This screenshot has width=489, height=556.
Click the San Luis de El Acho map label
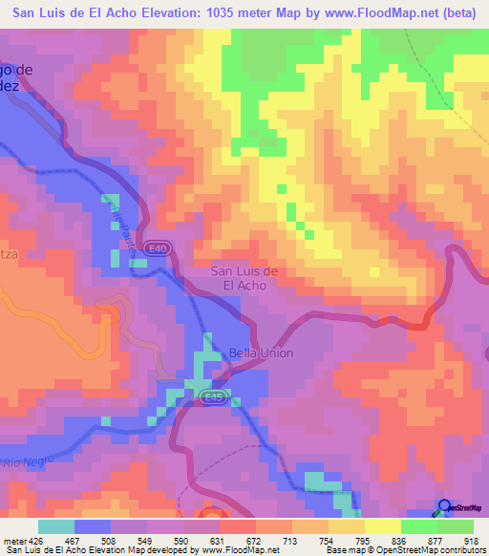click(244, 277)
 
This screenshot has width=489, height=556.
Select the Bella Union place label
click(261, 353)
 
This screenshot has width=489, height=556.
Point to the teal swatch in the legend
click(56, 526)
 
